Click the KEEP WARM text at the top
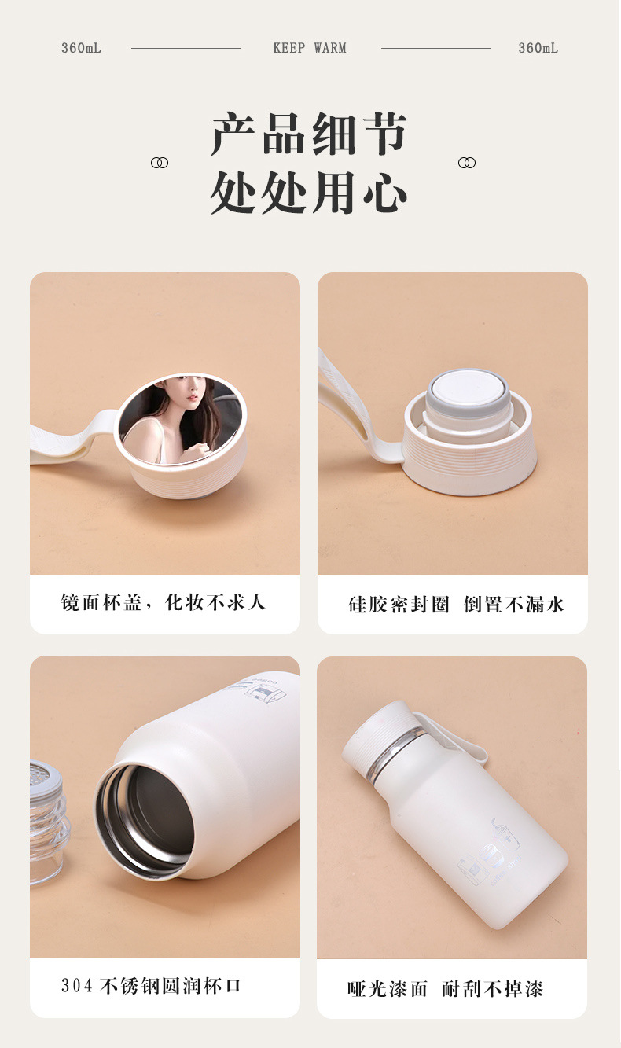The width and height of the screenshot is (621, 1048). (310, 48)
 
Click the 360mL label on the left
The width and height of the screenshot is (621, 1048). (82, 48)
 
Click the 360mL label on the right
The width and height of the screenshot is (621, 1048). (538, 48)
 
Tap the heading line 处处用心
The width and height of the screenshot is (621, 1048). (309, 192)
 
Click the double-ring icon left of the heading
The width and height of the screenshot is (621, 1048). (160, 163)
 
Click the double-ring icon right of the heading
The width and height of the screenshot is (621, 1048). (466, 163)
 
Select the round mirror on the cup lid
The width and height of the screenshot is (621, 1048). (180, 419)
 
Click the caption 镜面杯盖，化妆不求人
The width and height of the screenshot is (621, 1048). (164, 603)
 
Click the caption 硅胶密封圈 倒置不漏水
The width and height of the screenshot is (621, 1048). (456, 605)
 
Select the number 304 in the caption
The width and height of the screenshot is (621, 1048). (76, 986)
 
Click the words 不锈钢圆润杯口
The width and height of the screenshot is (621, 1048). (171, 986)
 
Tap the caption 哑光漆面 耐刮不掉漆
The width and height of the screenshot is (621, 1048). (445, 988)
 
